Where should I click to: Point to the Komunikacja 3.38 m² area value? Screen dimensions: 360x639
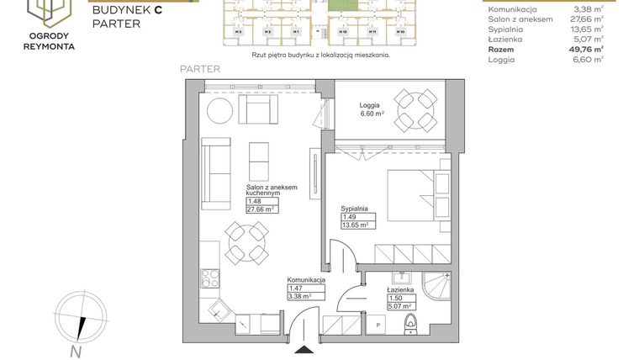[300, 296]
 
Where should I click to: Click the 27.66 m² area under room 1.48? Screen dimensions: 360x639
[260, 209]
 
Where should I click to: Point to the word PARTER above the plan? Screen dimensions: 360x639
[200, 70]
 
